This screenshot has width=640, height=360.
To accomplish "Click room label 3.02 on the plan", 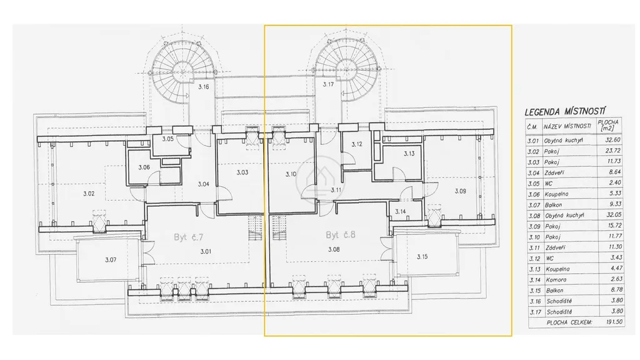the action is [x=89, y=194].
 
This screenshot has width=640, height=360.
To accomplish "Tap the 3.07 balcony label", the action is [x=111, y=259].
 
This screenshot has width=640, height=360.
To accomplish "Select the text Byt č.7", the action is [x=188, y=237].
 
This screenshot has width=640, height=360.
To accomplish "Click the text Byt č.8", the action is [x=341, y=235].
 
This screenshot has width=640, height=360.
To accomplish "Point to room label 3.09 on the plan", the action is [x=460, y=191].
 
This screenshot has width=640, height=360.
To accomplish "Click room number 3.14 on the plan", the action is [x=401, y=211].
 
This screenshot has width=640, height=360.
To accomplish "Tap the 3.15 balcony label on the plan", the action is [x=422, y=257].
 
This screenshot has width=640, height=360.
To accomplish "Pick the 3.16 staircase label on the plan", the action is [x=204, y=86].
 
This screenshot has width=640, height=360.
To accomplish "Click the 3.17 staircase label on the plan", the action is [x=328, y=84].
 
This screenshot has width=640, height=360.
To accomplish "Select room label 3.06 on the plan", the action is [x=144, y=167].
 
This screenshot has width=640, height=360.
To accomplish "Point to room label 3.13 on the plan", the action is [x=409, y=154].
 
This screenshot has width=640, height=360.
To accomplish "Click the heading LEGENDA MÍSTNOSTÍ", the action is [x=565, y=111].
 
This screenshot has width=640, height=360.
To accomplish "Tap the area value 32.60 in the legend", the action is [x=614, y=139].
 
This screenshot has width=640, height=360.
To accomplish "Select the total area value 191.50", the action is [x=614, y=322].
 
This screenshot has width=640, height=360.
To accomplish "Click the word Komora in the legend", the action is [x=555, y=279].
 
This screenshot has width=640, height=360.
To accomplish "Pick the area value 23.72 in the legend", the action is [x=614, y=151].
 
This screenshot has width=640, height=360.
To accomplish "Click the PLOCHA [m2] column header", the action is [x=608, y=125].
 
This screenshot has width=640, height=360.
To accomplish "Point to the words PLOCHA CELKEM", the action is [x=569, y=322].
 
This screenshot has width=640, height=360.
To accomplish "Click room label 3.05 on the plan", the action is [x=167, y=139].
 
